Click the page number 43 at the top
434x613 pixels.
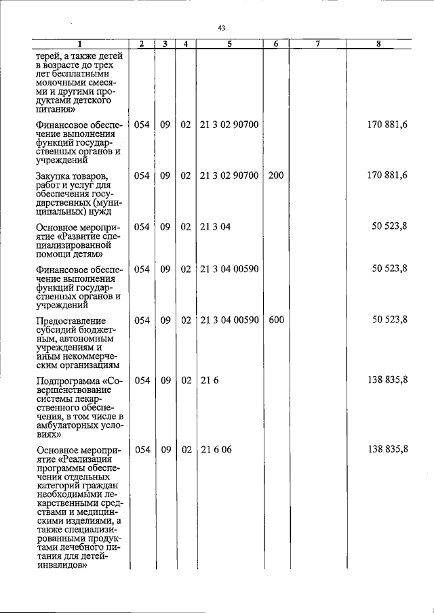pos(222,28)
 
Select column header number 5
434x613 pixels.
pos(229,44)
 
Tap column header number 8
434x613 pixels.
pos(378,44)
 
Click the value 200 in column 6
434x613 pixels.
pos(275,175)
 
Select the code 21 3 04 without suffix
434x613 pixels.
pos(215,226)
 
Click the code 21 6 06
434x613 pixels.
pos(216,450)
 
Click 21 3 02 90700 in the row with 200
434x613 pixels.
pos(229,175)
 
